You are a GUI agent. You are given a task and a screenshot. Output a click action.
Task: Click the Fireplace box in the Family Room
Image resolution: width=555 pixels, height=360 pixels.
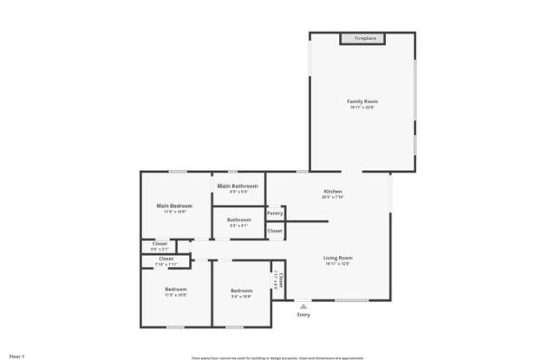point(363,38)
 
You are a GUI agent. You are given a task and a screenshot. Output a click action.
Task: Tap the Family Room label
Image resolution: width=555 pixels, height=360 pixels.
point(362,101)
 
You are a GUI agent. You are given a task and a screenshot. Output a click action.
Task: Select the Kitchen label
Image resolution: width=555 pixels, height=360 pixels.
point(333,191)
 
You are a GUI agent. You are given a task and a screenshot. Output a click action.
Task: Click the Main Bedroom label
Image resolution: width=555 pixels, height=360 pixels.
point(174,206)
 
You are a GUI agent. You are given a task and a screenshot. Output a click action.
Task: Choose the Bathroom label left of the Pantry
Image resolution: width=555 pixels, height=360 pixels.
point(239,219)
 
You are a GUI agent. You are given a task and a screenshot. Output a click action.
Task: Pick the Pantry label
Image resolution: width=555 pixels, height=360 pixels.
point(275,213)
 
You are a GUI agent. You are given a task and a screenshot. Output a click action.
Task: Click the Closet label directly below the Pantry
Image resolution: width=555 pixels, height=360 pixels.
point(275,231)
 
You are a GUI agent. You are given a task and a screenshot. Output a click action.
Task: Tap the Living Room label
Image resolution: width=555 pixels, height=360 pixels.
point(337,258)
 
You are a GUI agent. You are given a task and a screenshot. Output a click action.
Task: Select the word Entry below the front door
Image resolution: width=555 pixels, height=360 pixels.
point(303,315)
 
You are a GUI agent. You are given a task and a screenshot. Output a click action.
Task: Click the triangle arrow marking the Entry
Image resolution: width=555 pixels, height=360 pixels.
point(303,305)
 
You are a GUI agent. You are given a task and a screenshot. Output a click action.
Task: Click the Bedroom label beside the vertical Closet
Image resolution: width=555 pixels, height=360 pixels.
point(241,290)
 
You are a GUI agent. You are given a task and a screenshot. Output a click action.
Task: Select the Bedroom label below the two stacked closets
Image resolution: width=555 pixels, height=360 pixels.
point(176,289)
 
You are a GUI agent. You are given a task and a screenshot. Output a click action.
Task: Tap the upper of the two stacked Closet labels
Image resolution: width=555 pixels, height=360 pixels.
point(160,244)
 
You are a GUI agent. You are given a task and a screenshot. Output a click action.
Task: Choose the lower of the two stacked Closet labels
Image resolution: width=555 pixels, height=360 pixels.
point(166,259)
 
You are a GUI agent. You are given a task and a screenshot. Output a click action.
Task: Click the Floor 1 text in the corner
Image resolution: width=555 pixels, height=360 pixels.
point(16,356)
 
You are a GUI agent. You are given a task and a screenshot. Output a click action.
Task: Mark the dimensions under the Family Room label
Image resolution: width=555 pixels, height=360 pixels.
point(362,108)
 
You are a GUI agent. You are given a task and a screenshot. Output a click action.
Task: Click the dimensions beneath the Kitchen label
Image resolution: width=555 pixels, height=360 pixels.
point(333,197)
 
